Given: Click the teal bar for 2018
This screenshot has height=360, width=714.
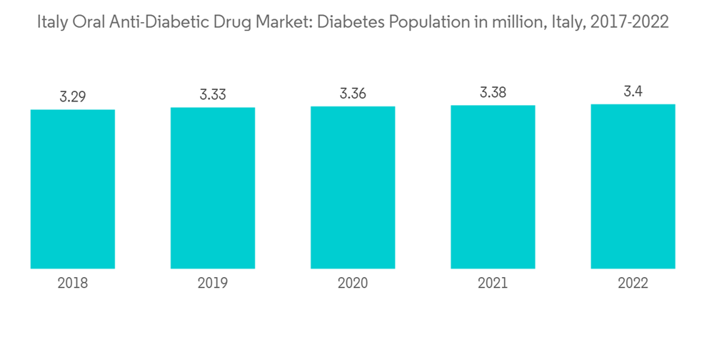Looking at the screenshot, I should (73, 189).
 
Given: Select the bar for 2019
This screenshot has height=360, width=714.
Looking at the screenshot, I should (213, 188).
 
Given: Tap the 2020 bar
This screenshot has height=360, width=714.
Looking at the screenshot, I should (353, 187).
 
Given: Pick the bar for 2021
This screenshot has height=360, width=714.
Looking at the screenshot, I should (493, 186).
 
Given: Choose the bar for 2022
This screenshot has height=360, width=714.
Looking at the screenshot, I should (633, 186).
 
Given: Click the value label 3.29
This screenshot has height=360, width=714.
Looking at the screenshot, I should (73, 96).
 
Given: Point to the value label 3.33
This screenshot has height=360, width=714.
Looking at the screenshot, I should (213, 94).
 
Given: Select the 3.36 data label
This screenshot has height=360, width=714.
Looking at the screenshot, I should (353, 94).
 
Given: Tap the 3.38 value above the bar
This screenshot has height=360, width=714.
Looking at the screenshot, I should (493, 92).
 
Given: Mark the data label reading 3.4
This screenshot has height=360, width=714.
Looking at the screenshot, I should (633, 91).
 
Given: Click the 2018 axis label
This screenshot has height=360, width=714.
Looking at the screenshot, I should (73, 284).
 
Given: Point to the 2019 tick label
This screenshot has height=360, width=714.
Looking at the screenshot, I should (213, 284).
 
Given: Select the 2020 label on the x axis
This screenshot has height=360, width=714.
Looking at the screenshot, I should (353, 284).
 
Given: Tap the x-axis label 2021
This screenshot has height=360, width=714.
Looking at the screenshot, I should (493, 284).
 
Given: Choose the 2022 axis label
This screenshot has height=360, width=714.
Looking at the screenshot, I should (633, 284).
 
